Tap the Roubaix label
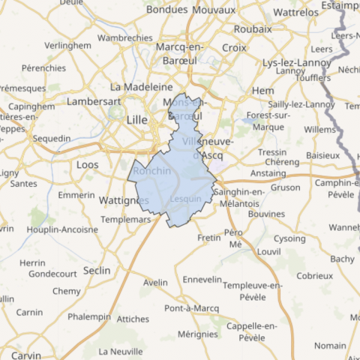coord(253,28)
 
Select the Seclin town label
coord(97,270)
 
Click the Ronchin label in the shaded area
coord(152,171)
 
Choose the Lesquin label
coord(186,199)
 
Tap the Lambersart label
coord(94,100)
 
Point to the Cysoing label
coord(289,238)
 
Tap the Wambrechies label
coord(125,37)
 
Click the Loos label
coord(87,163)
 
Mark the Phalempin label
coord(88,316)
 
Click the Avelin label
coord(155,283)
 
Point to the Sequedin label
coord(52,138)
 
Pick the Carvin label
coord(25,354)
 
